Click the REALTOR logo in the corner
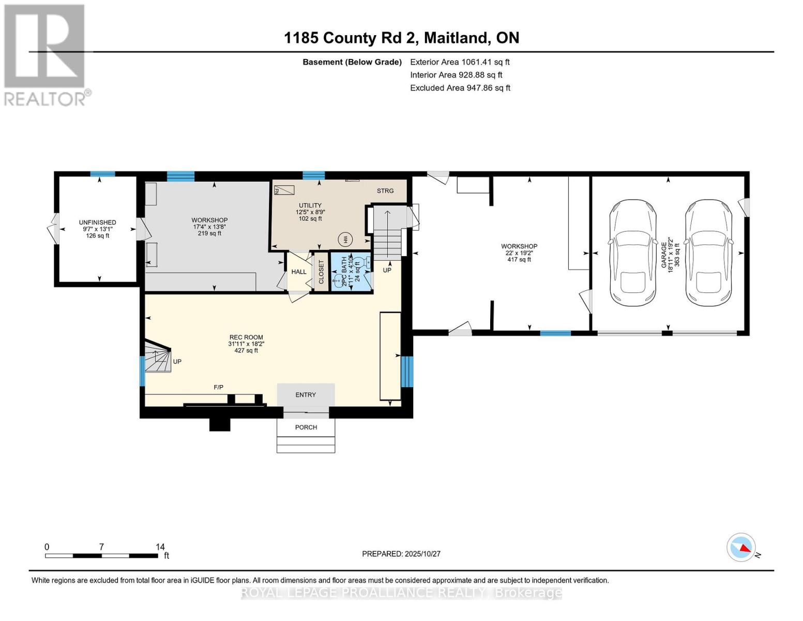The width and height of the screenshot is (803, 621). point(46,55)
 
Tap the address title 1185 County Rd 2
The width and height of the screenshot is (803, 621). point(401,38)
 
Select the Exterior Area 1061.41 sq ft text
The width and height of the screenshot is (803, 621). point(460,62)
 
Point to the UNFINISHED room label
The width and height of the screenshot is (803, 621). point(97,223)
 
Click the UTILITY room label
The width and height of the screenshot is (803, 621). point(310,205)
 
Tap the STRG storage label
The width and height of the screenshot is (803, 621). point(385,191)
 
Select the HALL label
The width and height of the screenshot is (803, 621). point(299,272)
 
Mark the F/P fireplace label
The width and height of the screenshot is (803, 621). point(219,387)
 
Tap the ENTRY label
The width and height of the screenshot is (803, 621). point(306,395)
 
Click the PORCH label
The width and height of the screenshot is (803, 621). point(306,427)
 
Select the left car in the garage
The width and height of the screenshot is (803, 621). point(632,252)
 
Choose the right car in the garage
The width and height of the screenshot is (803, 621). point(709,252)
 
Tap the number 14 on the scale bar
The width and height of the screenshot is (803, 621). point(160,547)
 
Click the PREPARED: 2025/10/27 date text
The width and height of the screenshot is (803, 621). point(401,554)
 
